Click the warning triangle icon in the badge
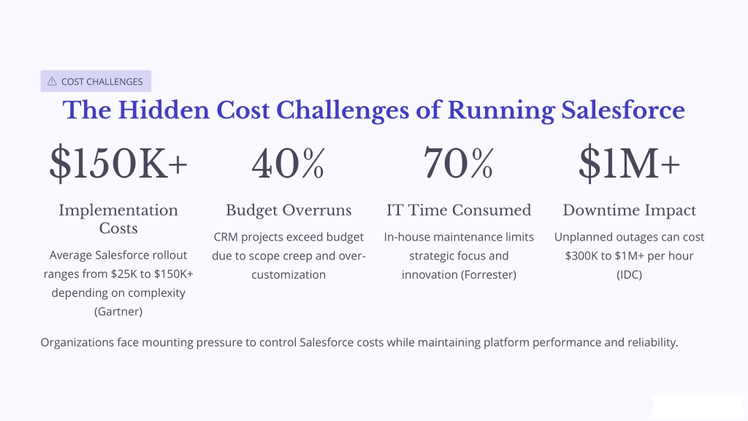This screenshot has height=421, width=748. [x=52, y=81]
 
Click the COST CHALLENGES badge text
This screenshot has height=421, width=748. [x=102, y=82]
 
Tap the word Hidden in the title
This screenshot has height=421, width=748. [x=164, y=110]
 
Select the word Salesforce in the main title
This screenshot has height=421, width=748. [x=623, y=110]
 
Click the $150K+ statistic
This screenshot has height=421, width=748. [x=118, y=163]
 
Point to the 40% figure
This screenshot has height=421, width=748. [x=289, y=163]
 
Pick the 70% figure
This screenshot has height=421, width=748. [x=459, y=163]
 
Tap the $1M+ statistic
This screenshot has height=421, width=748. [x=629, y=163]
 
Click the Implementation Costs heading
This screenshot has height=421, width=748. [x=118, y=219]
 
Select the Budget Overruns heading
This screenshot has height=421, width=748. [x=289, y=210]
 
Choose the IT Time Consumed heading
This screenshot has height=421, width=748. [x=459, y=210]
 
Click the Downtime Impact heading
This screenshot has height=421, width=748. [x=629, y=210]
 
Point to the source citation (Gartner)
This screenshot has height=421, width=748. [x=118, y=311]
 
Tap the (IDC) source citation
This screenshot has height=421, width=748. [x=629, y=275]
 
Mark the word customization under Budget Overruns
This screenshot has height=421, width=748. [x=289, y=275]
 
